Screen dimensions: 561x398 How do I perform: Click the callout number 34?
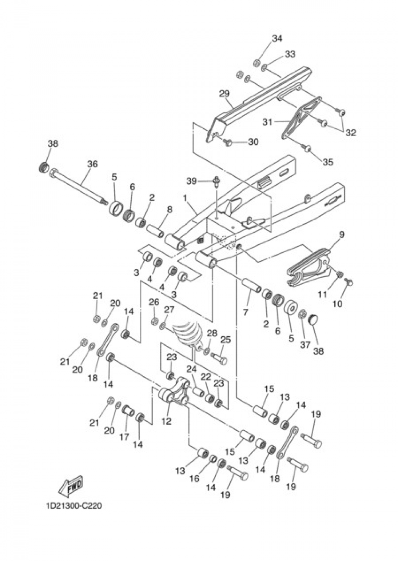[277, 39]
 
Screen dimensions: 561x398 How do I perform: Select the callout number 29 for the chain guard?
[224, 94]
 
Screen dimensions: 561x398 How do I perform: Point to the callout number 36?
[92, 164]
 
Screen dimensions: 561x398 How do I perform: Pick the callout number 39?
[191, 181]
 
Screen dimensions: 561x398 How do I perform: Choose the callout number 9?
[341, 235]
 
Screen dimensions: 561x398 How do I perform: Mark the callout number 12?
[166, 421]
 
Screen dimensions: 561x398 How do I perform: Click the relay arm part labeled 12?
[176, 392]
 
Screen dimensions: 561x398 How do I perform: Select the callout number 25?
[226, 340]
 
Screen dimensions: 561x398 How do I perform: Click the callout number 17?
[124, 437]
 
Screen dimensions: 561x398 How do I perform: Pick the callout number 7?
[246, 313]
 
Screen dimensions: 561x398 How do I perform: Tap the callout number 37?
[305, 345]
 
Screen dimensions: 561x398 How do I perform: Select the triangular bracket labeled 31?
[300, 118]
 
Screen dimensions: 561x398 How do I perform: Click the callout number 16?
[194, 479]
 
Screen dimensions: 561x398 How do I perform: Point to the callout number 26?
[154, 302]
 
